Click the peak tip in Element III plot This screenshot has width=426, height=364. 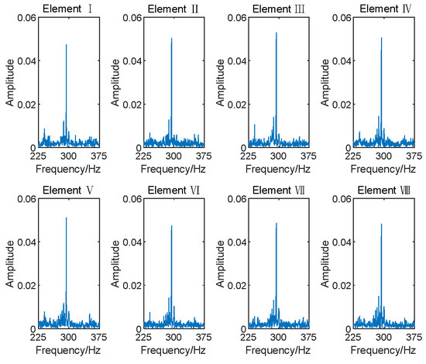point(277,33)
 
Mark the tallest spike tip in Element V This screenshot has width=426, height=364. point(67,218)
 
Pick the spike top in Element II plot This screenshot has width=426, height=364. point(172,38)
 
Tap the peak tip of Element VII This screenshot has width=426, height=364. point(277,223)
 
